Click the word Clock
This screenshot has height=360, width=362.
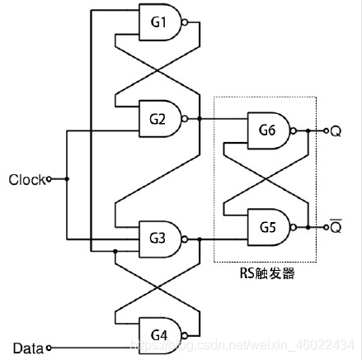(26, 178)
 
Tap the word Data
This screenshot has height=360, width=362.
(29, 347)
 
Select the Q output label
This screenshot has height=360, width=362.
(336, 130)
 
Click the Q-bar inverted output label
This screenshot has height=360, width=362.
(336, 225)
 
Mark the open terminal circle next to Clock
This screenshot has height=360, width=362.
(49, 178)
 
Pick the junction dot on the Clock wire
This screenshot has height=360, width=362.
(67, 178)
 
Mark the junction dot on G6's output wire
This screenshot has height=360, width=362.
(307, 130)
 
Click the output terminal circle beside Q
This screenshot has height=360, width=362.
(326, 130)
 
